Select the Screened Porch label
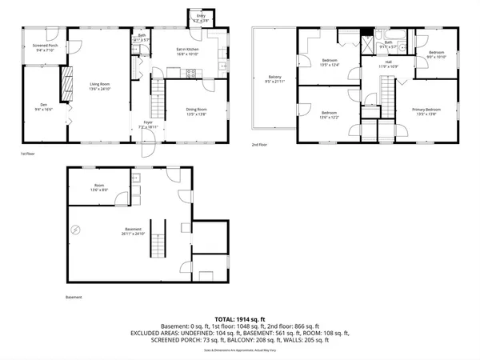coord(45,48)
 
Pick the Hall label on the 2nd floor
coord(387,63)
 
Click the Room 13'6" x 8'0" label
coord(99,189)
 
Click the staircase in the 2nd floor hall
coord(387,89)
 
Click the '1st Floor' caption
coord(29,153)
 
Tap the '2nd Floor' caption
coord(259,146)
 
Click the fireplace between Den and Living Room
coord(59,82)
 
